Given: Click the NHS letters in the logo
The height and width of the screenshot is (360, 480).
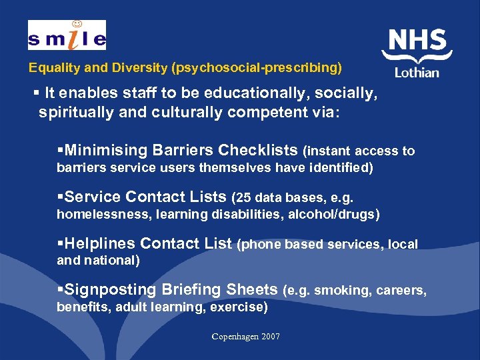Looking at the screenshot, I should tap(417, 42).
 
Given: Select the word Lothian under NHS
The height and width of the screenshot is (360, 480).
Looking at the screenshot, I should tap(417, 72).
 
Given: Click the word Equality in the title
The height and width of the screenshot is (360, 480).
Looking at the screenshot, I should tap(52, 68).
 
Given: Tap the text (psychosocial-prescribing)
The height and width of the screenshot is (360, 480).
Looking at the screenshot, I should tap(257, 68).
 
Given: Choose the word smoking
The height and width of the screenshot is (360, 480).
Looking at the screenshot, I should tap(339, 290).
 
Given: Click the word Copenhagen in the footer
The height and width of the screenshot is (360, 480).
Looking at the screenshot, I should tap(234, 337).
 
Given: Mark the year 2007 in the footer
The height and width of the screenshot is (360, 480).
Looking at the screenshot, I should tap(270, 337).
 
